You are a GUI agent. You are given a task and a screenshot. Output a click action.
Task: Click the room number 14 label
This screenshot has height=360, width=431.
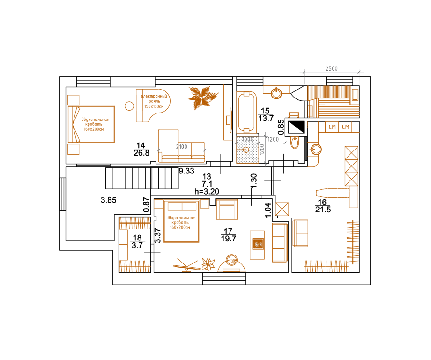tap(140, 145)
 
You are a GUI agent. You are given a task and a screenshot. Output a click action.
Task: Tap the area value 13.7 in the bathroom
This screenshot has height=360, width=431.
tap(266, 119)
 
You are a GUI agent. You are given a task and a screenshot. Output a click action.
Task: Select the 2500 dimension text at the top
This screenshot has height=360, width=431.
tap(331, 69)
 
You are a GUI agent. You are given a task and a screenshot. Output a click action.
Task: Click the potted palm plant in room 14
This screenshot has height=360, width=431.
tap(202, 97)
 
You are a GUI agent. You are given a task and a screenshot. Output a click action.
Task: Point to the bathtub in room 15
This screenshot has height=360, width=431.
tap(246, 112)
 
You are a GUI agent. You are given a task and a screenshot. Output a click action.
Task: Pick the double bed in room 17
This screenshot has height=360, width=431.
tap(181, 221)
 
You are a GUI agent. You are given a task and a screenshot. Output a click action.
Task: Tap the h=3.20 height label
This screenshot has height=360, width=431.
tap(207, 191)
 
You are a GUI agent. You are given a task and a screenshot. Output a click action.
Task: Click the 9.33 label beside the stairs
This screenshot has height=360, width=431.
tap(186, 171)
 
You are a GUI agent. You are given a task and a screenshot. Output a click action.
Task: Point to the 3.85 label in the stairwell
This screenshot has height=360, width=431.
tap(108, 200)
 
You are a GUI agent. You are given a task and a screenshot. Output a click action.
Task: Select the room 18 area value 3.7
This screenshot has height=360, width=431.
tap(137, 245)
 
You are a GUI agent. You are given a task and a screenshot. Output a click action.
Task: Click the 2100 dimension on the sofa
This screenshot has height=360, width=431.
tap(181, 147)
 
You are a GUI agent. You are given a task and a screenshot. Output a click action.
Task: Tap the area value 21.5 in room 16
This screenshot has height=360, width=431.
tap(323, 210)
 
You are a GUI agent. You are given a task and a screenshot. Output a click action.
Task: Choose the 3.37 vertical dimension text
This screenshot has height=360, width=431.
tap(158, 235)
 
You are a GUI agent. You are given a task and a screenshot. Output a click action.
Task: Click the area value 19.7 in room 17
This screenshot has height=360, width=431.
tap(228, 239)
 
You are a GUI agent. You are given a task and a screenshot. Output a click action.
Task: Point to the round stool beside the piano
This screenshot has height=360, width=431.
tap(129, 106)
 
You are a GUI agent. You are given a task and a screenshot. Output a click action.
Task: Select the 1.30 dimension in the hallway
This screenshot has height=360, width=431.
tap(254, 180)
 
